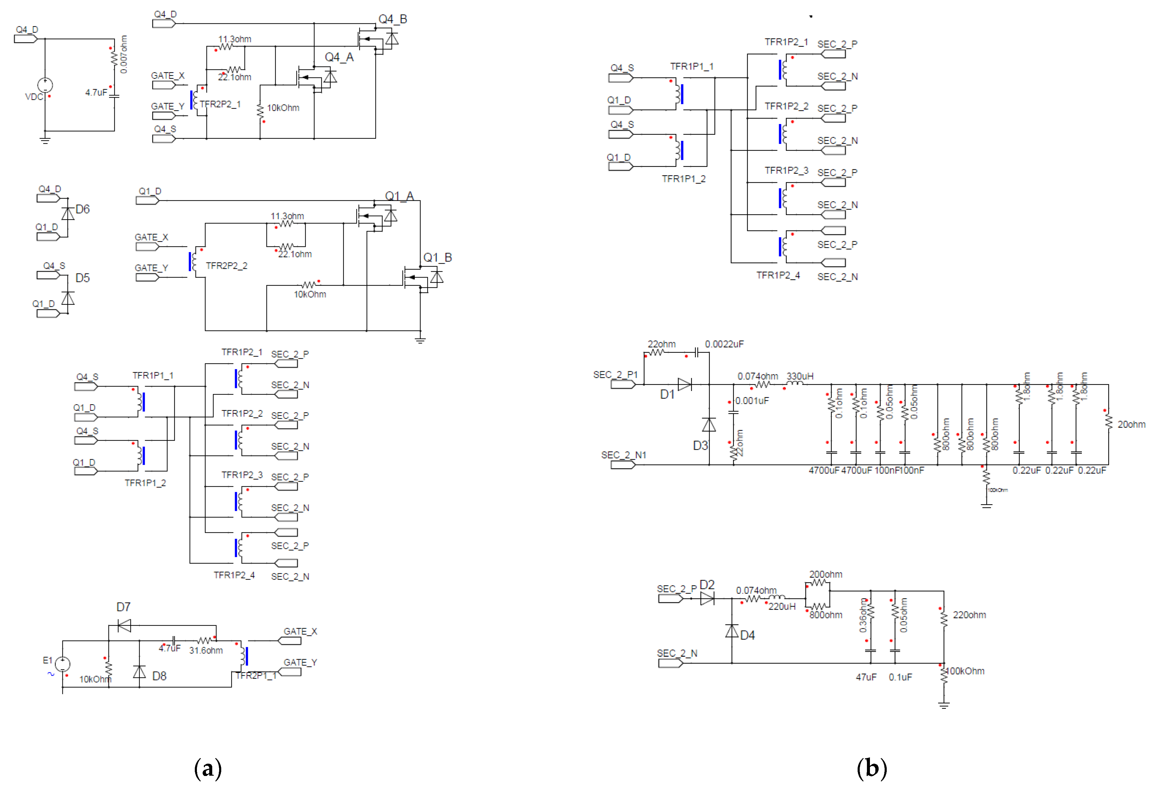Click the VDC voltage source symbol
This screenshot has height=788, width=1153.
click(45, 85)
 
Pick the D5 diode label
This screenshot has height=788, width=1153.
click(82, 278)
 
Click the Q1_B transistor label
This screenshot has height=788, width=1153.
click(437, 258)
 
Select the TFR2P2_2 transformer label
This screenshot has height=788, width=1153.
click(226, 266)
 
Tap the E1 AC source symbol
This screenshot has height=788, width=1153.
click(62, 664)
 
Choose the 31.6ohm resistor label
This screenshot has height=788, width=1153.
click(206, 650)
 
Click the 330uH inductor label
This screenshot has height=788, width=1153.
click(800, 376)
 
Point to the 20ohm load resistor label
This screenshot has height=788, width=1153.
click(1131, 424)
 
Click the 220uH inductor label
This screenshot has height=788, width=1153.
click(782, 606)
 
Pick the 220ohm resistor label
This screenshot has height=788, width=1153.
click(969, 615)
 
